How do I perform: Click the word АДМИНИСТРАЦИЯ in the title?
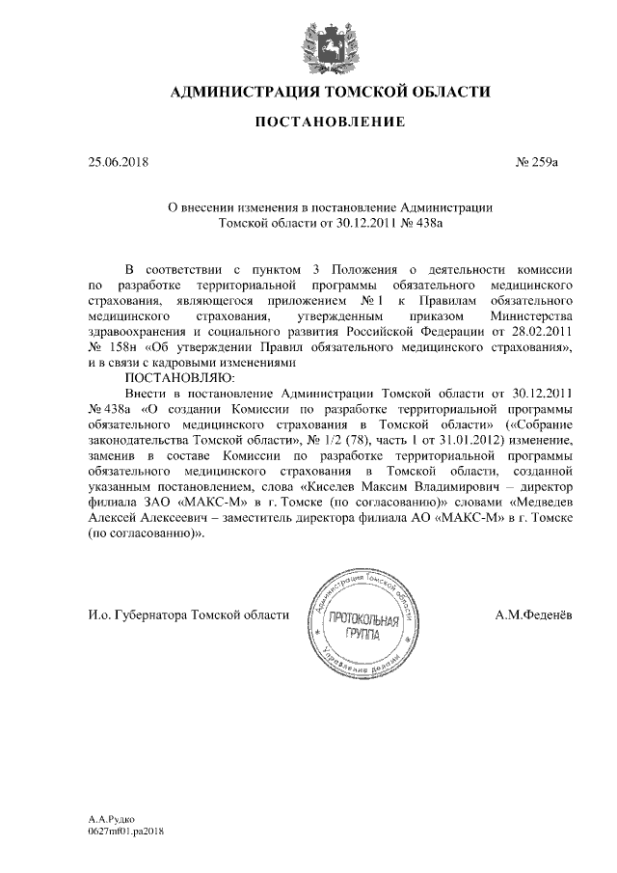[246, 93]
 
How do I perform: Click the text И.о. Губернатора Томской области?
[188, 614]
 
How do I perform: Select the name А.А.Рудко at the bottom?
[106, 818]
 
